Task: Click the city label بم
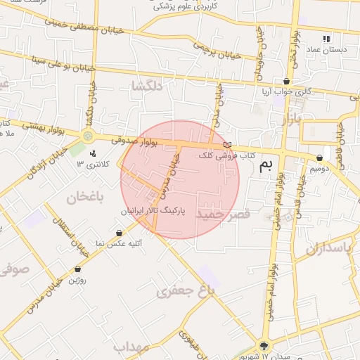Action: tap(265, 165)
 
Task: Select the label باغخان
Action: tap(85, 198)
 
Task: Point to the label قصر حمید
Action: tap(224, 213)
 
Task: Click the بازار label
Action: tap(291, 120)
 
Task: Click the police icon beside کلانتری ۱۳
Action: tap(92, 153)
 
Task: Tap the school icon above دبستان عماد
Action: tap(326, 39)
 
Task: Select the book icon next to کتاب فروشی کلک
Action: tap(226, 145)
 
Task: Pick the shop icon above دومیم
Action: tap(320, 157)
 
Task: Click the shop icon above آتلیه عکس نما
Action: tap(120, 233)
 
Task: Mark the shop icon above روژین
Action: tap(77, 269)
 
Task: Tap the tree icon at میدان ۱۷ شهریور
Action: tap(264, 345)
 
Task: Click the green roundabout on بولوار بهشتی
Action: tap(87, 136)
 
